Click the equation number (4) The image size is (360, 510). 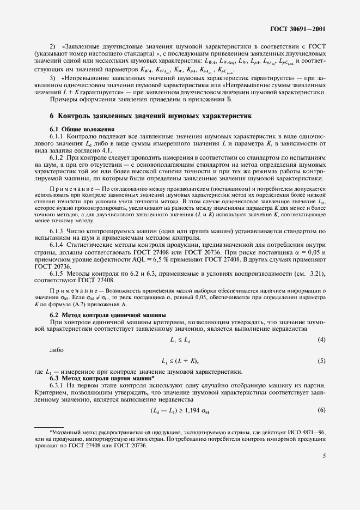[x=321, y=341]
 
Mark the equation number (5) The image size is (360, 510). [x=321, y=361]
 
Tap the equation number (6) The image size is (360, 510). [x=321, y=410]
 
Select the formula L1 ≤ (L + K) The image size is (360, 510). [x=180, y=361]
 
